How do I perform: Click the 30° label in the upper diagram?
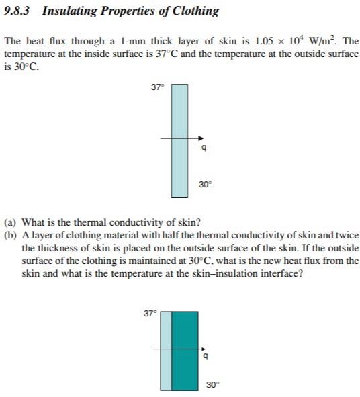coord(205,183)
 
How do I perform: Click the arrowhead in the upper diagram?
coord(200,140)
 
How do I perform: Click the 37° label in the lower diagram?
coord(150,313)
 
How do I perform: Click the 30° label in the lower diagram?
coord(213,385)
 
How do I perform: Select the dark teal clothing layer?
coord(185,349)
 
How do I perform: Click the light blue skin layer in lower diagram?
coord(166,349)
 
